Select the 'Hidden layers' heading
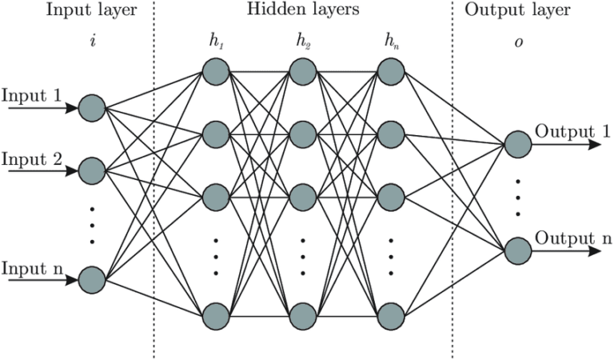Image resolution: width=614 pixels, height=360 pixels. (x=302, y=11)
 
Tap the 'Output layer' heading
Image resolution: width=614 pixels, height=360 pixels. (x=523, y=11)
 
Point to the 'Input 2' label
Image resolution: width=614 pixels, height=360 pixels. (x=31, y=158)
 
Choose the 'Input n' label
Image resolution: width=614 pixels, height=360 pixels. (x=31, y=267)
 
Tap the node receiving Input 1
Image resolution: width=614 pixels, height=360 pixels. (x=93, y=106)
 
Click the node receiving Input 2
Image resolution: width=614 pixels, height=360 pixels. (x=93, y=170)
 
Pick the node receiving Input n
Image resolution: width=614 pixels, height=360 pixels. (x=93, y=280)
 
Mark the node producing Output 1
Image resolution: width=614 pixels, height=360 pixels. (x=517, y=145)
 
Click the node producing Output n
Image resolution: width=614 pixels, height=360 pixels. (x=517, y=251)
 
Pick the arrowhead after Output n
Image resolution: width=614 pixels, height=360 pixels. (x=596, y=251)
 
